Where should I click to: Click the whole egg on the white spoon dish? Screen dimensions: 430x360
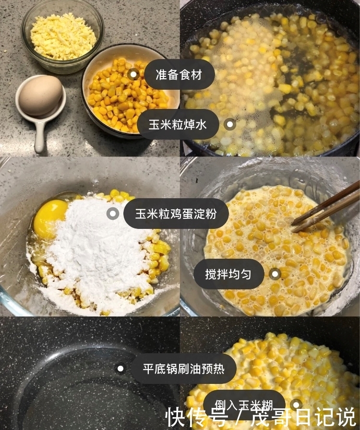click(40, 95)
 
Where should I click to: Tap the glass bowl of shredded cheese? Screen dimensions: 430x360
click(62, 36)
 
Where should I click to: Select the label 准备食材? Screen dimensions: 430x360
click(179, 74)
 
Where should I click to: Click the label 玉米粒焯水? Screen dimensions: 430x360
click(178, 125)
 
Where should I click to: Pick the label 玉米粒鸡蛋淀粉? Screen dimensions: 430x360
click(176, 214)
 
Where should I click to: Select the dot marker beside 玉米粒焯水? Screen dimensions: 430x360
click(230, 125)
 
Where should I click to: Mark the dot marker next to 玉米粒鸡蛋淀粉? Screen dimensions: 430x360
click(112, 214)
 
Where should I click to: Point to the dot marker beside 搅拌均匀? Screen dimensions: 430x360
click(275, 274)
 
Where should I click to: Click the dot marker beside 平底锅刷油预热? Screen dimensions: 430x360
click(120, 369)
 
